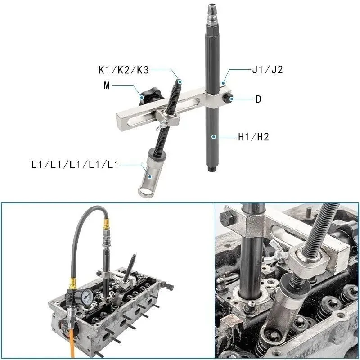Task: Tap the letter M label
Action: (x=107, y=85)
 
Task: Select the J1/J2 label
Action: (x=267, y=70)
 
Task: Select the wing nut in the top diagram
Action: (x=158, y=128)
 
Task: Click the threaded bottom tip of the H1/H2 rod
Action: (x=211, y=170)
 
